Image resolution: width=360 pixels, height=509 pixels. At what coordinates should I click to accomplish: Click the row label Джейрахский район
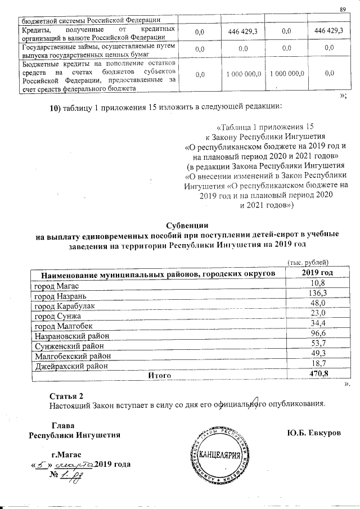(x=65, y=365)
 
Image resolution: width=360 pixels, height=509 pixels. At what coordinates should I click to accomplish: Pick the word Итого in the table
(x=159, y=375)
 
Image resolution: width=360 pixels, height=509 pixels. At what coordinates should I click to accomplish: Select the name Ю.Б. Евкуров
(x=313, y=433)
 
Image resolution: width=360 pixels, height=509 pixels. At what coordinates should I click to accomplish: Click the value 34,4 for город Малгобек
(x=318, y=325)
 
